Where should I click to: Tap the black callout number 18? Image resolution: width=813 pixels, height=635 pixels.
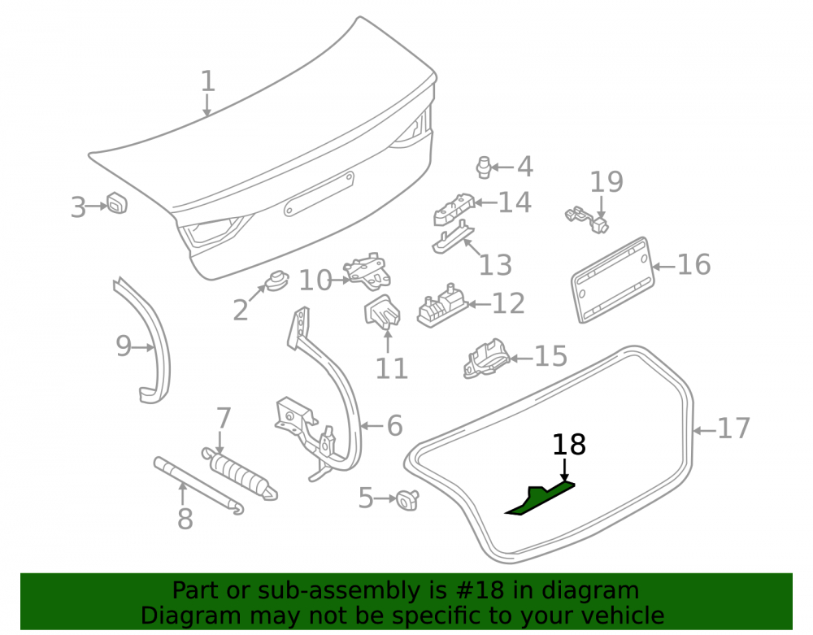569,445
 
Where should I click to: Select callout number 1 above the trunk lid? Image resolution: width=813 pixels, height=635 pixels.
207,81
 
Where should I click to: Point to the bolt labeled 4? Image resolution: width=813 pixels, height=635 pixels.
483,167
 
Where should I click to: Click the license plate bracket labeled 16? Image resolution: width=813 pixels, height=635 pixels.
612,280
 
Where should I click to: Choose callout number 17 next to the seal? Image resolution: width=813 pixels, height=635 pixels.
733,428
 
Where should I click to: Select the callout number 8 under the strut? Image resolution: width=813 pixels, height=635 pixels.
185,519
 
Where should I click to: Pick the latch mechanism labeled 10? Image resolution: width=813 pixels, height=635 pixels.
367,271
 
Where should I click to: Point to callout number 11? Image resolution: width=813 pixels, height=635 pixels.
392,368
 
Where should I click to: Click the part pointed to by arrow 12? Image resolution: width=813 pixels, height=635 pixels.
441,307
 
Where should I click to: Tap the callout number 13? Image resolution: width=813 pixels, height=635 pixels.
495,264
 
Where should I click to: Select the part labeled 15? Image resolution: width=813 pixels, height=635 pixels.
486,359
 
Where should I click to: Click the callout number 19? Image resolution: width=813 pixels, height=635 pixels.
606,181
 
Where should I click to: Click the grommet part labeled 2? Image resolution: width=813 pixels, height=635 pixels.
277,281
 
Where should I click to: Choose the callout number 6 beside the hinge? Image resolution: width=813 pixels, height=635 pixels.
394,425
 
